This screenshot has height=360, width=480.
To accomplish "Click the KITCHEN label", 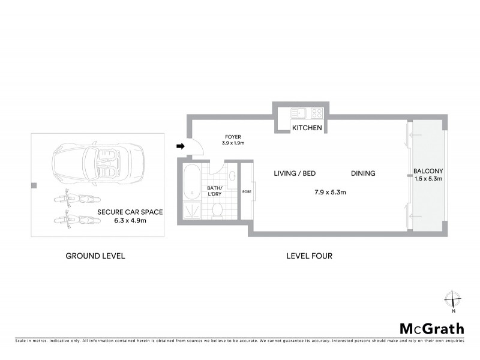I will point(307,128).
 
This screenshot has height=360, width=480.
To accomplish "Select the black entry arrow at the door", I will point(180,146).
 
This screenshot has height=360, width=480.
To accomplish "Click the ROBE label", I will point(247,192).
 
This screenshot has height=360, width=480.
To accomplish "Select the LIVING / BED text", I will point(295,173).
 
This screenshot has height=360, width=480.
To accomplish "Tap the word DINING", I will point(363,173).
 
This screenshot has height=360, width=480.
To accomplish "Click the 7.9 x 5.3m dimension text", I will point(330,193).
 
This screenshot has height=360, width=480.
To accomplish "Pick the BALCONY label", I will point(428,171).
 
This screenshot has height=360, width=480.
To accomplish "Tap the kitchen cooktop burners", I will point(316,112).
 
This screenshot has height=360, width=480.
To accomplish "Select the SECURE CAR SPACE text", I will point(130,213).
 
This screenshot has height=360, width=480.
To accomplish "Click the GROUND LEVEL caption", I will point(95,256).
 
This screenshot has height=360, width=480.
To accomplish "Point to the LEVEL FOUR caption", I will point(310,256).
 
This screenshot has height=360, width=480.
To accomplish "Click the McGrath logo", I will point(432,328).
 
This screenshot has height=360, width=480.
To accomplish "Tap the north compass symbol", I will point(454,299).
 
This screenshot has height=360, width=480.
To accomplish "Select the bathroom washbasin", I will point(232,176).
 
